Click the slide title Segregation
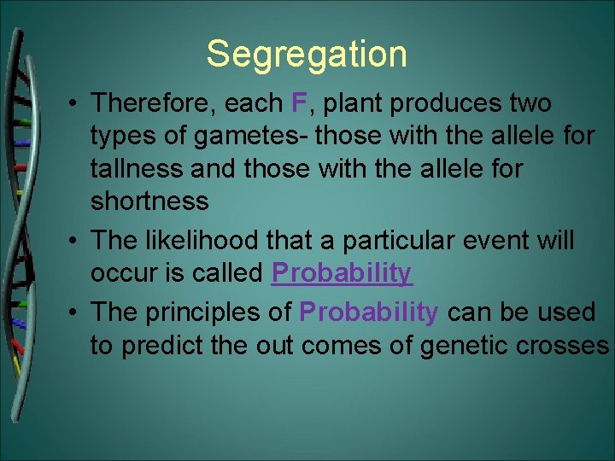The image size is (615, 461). point(307,54)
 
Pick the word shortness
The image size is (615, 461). point(149,201)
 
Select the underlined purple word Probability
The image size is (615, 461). point(342,273)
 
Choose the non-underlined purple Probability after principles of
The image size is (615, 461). point(369,312)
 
